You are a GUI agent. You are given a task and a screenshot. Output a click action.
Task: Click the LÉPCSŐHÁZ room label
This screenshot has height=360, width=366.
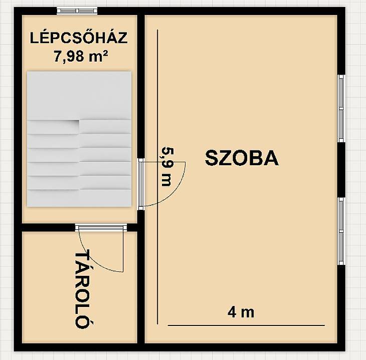pos(79,38)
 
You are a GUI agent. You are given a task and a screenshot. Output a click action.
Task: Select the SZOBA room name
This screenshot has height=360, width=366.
pos(242,158)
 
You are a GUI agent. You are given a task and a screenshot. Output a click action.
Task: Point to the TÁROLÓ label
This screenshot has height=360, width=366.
pos(83,289)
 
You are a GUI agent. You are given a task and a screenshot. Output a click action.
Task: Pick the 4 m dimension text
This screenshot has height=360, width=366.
pos(241,312)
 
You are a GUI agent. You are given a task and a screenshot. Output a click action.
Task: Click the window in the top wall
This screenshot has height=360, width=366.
pos(77,11)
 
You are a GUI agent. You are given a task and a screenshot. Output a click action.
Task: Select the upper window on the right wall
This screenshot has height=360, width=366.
pos(341,109)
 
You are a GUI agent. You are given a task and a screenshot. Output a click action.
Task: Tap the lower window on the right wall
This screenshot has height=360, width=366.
pos(341,231)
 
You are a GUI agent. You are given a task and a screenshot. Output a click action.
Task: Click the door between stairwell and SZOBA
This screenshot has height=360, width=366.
pos(141,184)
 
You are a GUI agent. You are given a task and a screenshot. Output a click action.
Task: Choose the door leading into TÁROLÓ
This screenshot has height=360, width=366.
pos(101,227)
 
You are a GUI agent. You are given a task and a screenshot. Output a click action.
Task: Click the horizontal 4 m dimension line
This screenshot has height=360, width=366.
pos(246,325)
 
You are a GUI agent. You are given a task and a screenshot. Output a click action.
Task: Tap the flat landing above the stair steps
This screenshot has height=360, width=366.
pos(79,96)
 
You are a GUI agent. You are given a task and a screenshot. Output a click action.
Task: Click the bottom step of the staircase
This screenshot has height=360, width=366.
pos(79,198)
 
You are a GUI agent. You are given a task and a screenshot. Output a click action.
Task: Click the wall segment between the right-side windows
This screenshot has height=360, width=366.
pos(341,170)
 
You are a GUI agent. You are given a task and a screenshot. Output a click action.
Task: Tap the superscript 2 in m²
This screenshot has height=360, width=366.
pos(105,54)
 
